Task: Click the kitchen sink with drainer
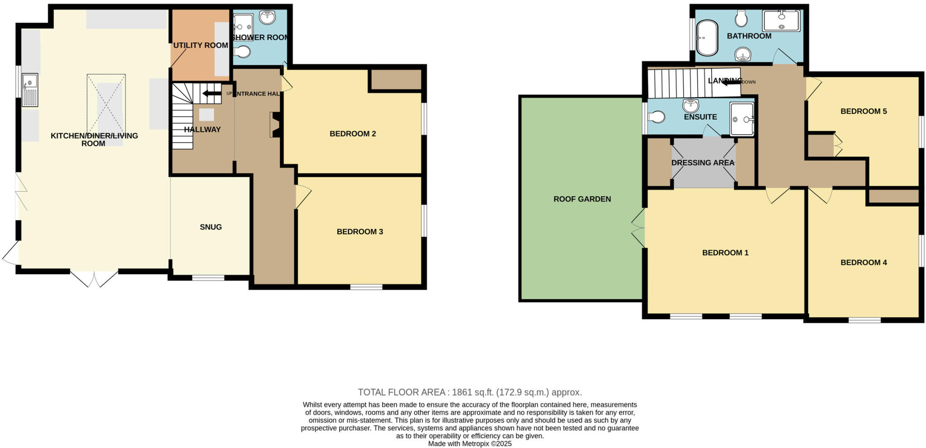coord(30,90)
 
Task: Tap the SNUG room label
coord(211,227)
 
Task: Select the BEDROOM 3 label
coord(359,232)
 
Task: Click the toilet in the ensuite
coord(656,117)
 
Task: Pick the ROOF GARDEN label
coord(582,199)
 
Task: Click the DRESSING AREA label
coord(703,163)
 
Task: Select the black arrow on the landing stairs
coord(731,82)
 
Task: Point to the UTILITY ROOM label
coord(200,45)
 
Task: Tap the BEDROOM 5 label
coord(863,111)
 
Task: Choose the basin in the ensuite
coord(690,106)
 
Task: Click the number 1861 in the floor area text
coord(461,392)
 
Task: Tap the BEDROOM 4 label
coord(863,263)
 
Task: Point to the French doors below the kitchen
coord(94,278)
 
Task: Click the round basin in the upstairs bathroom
coord(743,55)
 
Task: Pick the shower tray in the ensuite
coord(742,119)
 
